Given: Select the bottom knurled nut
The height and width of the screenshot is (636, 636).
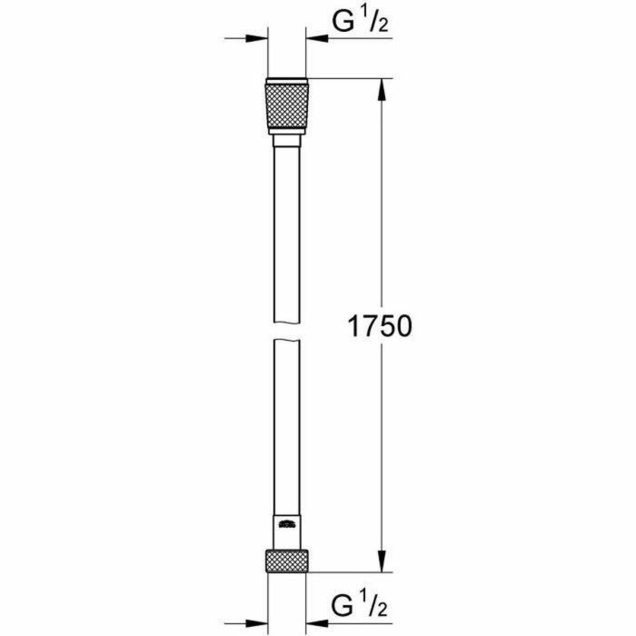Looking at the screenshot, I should (x=287, y=561).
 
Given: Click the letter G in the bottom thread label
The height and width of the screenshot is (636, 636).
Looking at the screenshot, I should (x=342, y=603).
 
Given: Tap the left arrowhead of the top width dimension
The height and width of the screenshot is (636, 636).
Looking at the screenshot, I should (x=258, y=38).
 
